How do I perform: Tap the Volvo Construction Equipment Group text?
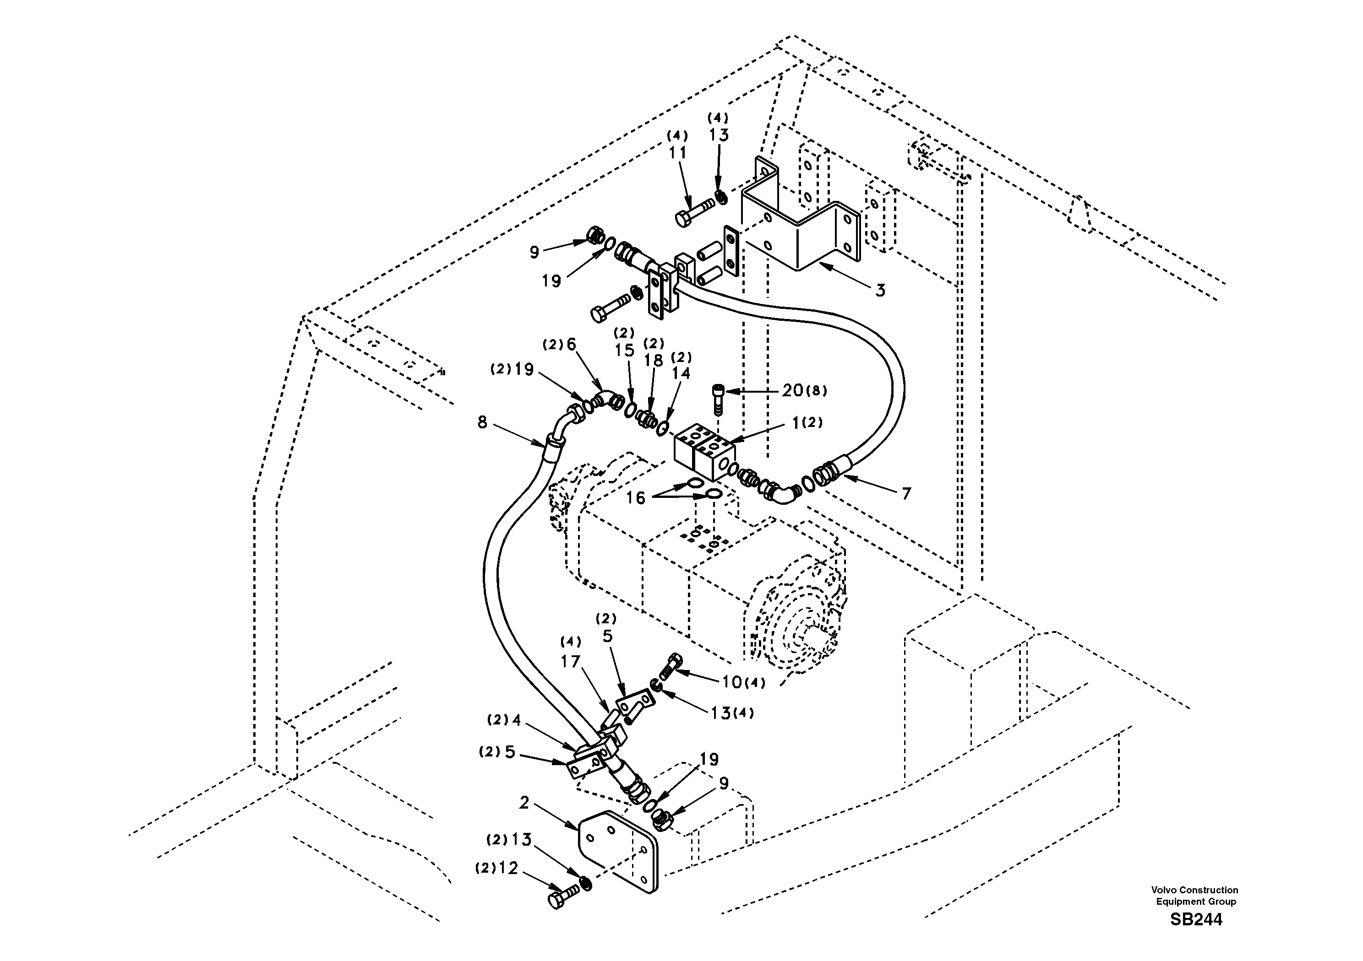[1194, 896]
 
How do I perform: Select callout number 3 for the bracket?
[880, 291]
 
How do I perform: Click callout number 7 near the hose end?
[906, 494]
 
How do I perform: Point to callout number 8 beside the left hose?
[482, 422]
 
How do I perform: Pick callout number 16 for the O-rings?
[636, 498]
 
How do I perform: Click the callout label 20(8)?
[804, 390]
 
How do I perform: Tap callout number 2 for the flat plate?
[523, 803]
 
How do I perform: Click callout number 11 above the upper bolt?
[677, 153]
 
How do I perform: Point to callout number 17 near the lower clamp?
[571, 662]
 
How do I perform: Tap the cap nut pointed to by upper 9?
[594, 236]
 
